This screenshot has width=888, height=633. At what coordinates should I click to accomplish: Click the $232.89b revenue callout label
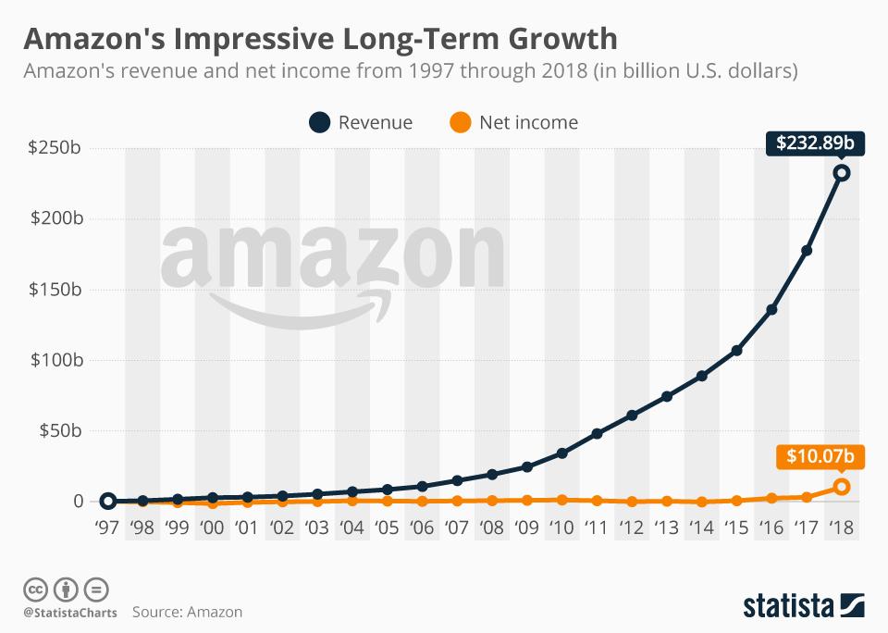click(808, 143)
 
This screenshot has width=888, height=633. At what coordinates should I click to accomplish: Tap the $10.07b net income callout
click(808, 456)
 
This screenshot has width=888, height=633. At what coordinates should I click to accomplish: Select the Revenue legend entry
click(361, 122)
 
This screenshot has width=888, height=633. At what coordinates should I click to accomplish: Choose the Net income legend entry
click(512, 122)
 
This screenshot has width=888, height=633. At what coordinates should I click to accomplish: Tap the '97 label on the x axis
click(107, 528)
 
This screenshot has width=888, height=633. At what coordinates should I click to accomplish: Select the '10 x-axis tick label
click(561, 528)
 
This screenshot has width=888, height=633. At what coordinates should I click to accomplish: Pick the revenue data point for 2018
click(842, 173)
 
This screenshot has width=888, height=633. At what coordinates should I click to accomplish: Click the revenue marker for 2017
click(807, 251)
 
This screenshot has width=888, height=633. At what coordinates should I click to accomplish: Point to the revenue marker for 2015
click(736, 351)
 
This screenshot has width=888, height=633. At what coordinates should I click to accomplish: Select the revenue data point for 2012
click(632, 416)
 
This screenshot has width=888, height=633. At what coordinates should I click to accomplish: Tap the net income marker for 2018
click(842, 487)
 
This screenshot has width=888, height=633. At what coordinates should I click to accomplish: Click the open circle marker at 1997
click(107, 501)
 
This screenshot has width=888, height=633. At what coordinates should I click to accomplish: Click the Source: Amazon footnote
click(187, 612)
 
